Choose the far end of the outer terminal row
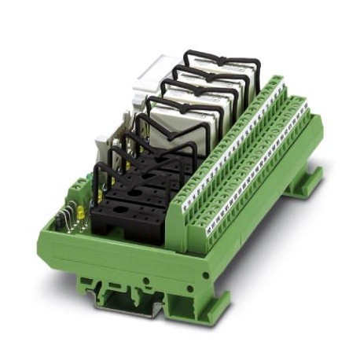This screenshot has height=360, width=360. pyautogui.click(x=303, y=102)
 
